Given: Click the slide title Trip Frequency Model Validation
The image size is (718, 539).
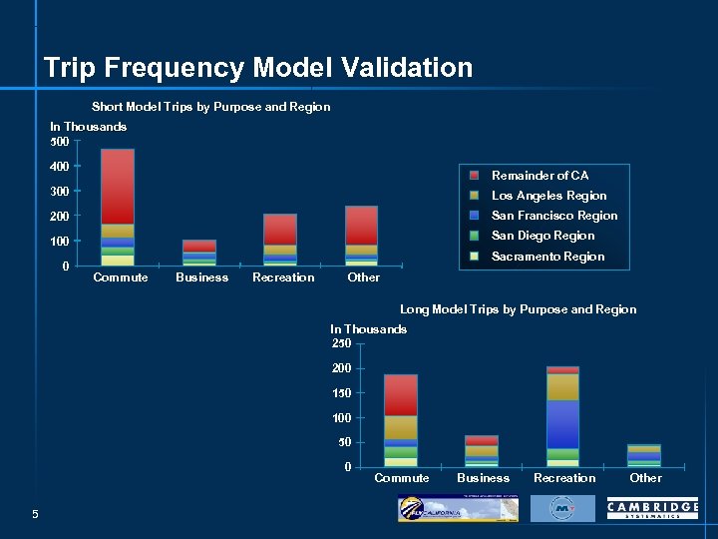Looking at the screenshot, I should pyautogui.click(x=258, y=68).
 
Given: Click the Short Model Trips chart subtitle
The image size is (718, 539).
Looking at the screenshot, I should pyautogui.click(x=210, y=107).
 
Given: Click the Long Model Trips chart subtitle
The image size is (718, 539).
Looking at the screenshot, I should pyautogui.click(x=518, y=309).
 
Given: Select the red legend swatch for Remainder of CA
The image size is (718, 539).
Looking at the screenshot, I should pyautogui.click(x=475, y=176).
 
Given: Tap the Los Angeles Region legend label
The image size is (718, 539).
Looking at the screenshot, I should pyautogui.click(x=548, y=196).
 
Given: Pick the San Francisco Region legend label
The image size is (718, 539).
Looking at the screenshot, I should pyautogui.click(x=554, y=216).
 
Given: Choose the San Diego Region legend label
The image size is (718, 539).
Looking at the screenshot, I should pyautogui.click(x=542, y=236).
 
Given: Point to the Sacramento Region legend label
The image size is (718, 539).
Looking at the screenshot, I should pyautogui.click(x=547, y=257).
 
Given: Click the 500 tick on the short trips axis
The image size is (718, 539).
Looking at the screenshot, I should pyautogui.click(x=60, y=141).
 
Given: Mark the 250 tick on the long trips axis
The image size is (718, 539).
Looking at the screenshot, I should pyautogui.click(x=341, y=343).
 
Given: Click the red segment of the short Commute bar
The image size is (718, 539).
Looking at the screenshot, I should pyautogui.click(x=118, y=186).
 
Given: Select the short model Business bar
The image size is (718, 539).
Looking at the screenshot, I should pyautogui.click(x=199, y=253).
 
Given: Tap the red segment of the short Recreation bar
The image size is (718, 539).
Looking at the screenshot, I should pyautogui.click(x=280, y=229).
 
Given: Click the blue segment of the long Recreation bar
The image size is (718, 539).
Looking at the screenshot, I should pyautogui.click(x=562, y=424).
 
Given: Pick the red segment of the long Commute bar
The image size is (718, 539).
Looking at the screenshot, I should pyautogui.click(x=401, y=395).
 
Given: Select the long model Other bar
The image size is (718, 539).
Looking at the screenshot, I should pyautogui.click(x=644, y=456).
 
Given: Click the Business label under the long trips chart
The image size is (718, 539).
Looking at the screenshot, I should pyautogui.click(x=483, y=478).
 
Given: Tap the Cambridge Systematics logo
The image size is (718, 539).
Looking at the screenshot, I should pyautogui.click(x=652, y=509).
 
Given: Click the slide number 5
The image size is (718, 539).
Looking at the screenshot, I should pyautogui.click(x=35, y=514).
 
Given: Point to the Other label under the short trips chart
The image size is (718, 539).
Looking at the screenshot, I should pyautogui.click(x=363, y=277).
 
